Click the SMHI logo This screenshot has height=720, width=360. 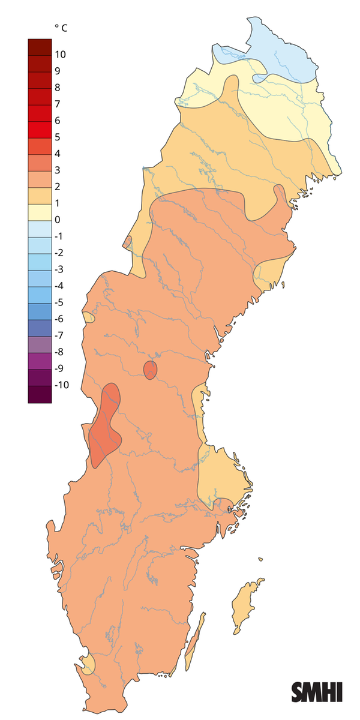coord(317,692)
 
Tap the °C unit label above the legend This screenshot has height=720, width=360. coord(61,28)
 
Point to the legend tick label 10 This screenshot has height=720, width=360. coord(60,55)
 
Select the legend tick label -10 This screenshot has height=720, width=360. coord(62,385)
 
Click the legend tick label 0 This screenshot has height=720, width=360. coord(57,220)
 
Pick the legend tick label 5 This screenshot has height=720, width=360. coord(57,137)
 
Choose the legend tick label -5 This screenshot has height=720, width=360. coord(59,302)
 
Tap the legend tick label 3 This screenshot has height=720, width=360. coord(57,170)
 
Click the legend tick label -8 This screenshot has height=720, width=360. coord(59,352)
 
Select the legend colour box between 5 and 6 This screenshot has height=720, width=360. coord(40,129)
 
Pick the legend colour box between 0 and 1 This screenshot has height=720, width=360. coord(40,212)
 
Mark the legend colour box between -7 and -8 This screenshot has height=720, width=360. coord(40,344)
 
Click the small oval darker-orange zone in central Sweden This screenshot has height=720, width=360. coord(150,370)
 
